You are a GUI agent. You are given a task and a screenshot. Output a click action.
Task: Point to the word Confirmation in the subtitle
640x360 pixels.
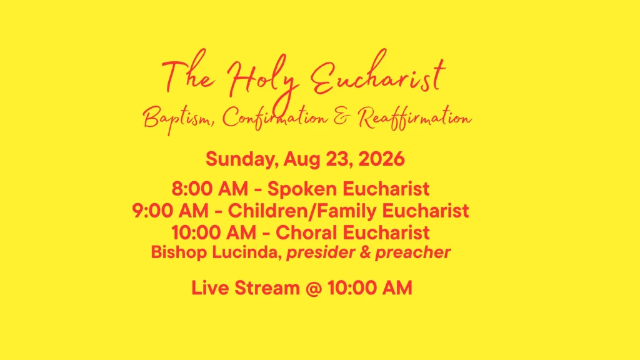pyautogui.click(x=275, y=118)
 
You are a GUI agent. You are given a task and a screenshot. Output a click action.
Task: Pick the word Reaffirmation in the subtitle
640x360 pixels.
pyautogui.click(x=415, y=118)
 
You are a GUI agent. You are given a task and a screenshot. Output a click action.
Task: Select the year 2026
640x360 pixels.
pyautogui.click(x=381, y=159)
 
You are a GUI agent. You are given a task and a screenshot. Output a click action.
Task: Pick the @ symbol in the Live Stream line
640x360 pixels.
pyautogui.click(x=314, y=288)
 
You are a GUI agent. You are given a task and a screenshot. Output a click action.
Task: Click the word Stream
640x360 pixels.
pyautogui.click(x=267, y=287)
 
